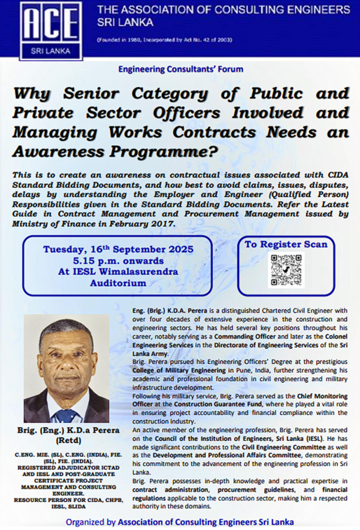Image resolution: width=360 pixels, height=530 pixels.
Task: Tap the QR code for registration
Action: (286, 270)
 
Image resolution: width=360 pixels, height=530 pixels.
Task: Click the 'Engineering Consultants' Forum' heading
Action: (181, 69)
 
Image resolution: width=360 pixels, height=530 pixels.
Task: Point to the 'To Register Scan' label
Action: (286, 244)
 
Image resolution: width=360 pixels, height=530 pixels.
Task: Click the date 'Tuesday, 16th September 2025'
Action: (118, 249)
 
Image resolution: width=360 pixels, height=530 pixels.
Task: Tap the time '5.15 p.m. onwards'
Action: (118, 260)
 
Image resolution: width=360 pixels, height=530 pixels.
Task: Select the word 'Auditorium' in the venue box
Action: (118, 283)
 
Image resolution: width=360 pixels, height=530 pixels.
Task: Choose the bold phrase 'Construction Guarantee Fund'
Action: (224, 405)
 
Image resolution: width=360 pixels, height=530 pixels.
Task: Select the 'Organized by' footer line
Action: (179, 521)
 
